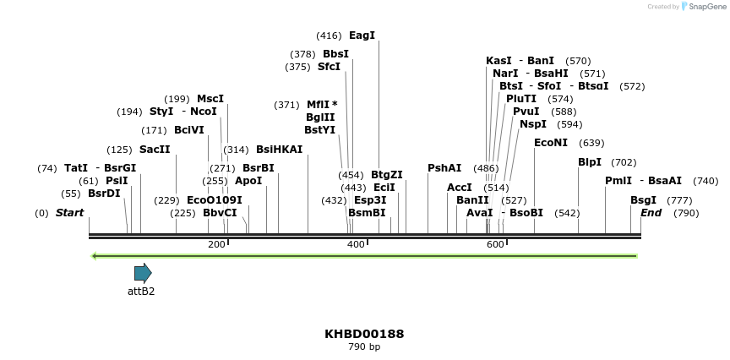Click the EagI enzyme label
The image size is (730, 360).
pos(362,35)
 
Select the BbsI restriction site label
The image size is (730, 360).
pos(335,54)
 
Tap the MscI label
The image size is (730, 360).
pos(210,99)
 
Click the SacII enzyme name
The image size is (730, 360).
pos(155,150)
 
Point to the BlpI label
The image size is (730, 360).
pos(590,162)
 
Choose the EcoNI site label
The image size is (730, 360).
pos(551,143)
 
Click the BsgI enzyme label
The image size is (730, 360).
pos(643,200)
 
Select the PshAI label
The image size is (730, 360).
pos(444,168)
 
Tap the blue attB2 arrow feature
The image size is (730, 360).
pos(143,273)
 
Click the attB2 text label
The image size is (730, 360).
pos(141,292)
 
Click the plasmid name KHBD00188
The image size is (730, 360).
pos(364,334)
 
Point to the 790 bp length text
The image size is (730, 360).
pos(364,346)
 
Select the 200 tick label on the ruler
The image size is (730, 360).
pos(216,244)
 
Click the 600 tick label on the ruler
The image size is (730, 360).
pos(495,244)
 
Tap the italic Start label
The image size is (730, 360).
pos(69,213)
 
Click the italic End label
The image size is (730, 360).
pos(651,213)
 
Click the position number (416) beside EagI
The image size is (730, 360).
pos(329,35)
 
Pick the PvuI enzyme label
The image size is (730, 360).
pos(526,112)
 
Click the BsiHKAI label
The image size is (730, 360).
pos(279,150)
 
